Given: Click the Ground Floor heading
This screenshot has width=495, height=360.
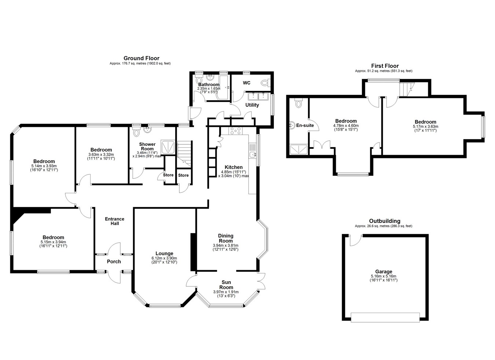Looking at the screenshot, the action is pos(142,58).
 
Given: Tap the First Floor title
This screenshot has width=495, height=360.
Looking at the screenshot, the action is pos(385,66).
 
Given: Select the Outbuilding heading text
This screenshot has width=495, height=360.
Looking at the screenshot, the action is pos(385,221).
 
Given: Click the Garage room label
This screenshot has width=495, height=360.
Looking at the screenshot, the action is pos(384,272).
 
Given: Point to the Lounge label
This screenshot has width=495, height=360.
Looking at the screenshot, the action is pos(164,253).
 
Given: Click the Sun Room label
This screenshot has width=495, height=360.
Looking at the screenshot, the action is pos(226,285).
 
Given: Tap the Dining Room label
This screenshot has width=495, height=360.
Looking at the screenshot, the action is pos(225,238).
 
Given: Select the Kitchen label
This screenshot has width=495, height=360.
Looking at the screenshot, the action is pos(234,167).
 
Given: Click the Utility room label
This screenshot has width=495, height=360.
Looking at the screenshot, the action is pos(252,105).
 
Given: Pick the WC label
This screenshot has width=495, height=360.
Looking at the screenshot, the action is pos(247,83).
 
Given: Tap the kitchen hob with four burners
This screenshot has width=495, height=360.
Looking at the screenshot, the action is pos(235,131).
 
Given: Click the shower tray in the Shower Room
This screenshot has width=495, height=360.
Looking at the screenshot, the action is pos(168,147).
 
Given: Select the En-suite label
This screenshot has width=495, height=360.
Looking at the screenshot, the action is pos(305,125).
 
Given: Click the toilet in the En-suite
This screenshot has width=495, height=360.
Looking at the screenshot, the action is pos(298,103).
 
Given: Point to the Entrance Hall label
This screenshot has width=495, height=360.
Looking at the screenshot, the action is pos(114,221).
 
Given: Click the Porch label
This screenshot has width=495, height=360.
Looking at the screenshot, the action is pos(114,262).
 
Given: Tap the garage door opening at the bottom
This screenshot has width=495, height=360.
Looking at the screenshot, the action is pos(385,317).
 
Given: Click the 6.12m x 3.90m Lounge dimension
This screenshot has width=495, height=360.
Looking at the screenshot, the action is pos(164,258).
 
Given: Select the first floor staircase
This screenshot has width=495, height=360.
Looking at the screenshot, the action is pos(407,89).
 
